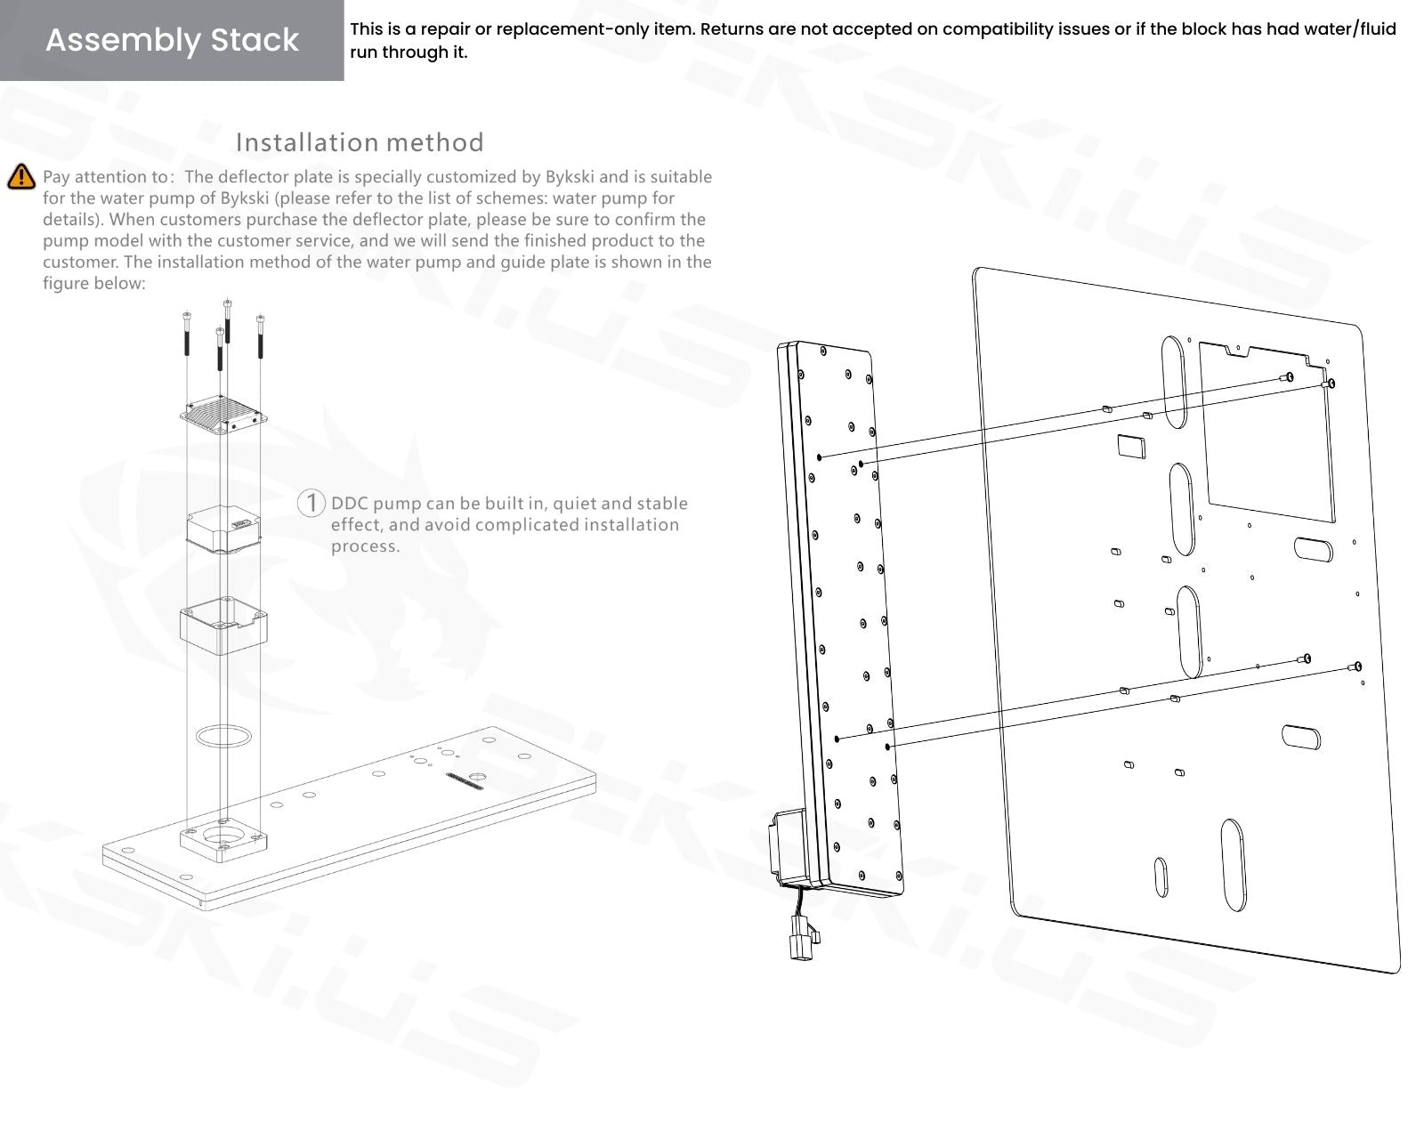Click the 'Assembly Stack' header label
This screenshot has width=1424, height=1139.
172,40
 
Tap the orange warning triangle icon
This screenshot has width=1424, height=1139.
20,177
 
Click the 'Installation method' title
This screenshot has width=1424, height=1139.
360,142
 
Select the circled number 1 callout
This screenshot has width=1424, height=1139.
311,503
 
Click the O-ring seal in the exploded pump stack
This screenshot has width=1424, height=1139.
222,737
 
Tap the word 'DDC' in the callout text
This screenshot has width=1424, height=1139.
350,504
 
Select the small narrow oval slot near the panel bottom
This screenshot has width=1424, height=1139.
1161,877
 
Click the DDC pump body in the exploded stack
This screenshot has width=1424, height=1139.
223,528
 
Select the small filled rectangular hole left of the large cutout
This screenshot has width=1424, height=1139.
1130,445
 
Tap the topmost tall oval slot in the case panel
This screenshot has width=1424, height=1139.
1174,380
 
